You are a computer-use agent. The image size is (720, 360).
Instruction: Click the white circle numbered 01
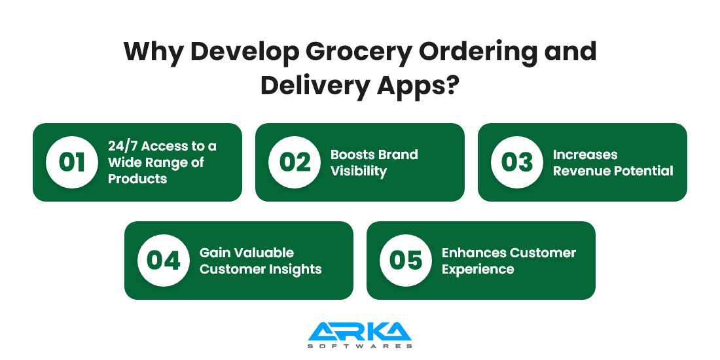pyautogui.click(x=72, y=162)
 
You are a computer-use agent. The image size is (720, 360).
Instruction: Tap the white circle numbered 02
pyautogui.click(x=295, y=162)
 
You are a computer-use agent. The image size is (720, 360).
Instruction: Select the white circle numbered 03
pyautogui.click(x=517, y=162)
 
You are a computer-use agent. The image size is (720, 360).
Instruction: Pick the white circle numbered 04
pyautogui.click(x=164, y=261)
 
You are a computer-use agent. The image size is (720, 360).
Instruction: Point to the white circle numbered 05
pyautogui.click(x=406, y=261)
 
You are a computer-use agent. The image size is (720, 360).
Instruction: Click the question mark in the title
pyautogui.click(x=452, y=85)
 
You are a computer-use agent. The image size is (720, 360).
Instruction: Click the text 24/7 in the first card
pyautogui.click(x=122, y=146)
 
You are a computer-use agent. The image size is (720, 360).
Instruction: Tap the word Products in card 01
pyautogui.click(x=137, y=179)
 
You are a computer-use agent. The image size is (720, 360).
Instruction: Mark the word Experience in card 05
pyautogui.click(x=478, y=270)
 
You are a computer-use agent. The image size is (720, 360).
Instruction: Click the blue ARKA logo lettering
pyautogui.click(x=359, y=332)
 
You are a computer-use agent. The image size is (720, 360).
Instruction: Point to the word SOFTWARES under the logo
pyautogui.click(x=359, y=346)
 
